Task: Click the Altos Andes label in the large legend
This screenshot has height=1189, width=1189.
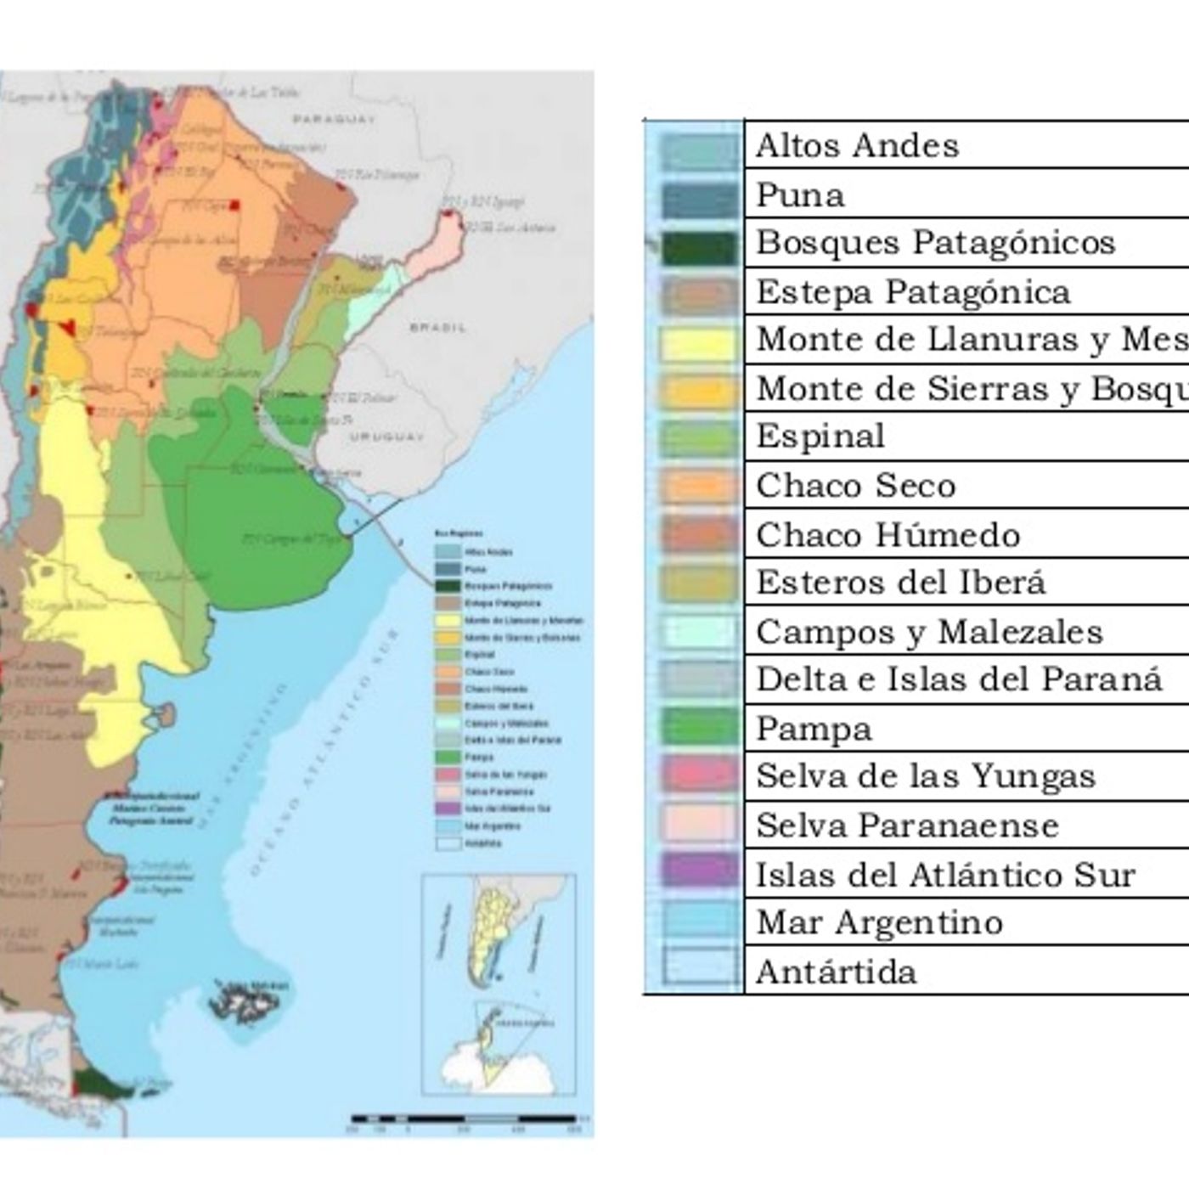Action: click(x=856, y=146)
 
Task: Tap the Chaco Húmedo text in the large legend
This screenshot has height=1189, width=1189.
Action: click(x=888, y=535)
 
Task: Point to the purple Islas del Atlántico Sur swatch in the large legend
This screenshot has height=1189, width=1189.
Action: click(x=698, y=871)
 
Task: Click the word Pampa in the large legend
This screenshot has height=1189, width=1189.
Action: click(x=814, y=729)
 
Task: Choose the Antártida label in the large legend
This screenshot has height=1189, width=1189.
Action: click(x=836, y=972)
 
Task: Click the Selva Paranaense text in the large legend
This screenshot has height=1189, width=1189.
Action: click(x=907, y=826)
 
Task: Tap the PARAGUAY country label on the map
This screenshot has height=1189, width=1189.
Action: click(x=334, y=120)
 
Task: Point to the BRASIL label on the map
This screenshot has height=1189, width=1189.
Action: click(x=437, y=327)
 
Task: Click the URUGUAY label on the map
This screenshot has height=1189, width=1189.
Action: click(x=385, y=437)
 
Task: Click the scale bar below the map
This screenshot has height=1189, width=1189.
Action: click(x=465, y=1119)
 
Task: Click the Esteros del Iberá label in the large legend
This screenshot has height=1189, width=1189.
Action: click(x=900, y=583)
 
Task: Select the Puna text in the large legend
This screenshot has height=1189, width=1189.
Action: click(x=800, y=195)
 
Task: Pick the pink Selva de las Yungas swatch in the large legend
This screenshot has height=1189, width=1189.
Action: click(x=698, y=775)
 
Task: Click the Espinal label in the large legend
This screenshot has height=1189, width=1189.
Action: click(x=820, y=437)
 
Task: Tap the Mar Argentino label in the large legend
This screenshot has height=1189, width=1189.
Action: click(x=879, y=922)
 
